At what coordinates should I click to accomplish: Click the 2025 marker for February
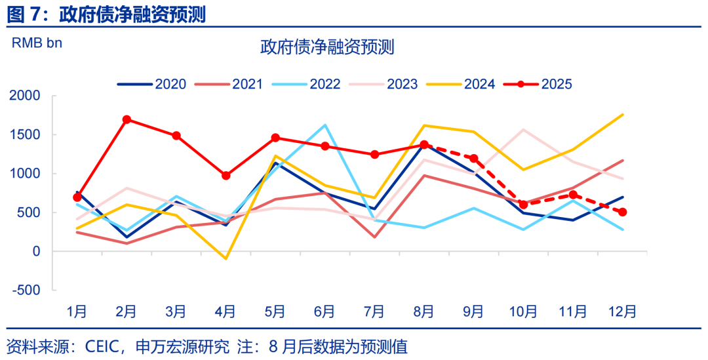[127, 120]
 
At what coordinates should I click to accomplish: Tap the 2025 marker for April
[226, 176]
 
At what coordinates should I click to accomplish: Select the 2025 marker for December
[622, 212]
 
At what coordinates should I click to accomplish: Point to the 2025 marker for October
[523, 205]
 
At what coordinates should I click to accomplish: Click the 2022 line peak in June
[325, 125]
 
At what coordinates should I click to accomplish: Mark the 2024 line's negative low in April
[226, 258]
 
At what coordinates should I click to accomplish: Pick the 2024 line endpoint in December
[622, 115]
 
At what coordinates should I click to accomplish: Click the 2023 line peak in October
[523, 130]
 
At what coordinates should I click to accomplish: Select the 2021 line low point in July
[374, 237]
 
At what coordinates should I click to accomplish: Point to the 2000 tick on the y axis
[26, 96]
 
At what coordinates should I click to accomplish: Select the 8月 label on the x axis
[424, 311]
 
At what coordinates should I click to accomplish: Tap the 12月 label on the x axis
[622, 311]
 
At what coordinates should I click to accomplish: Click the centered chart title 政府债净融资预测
[326, 47]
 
